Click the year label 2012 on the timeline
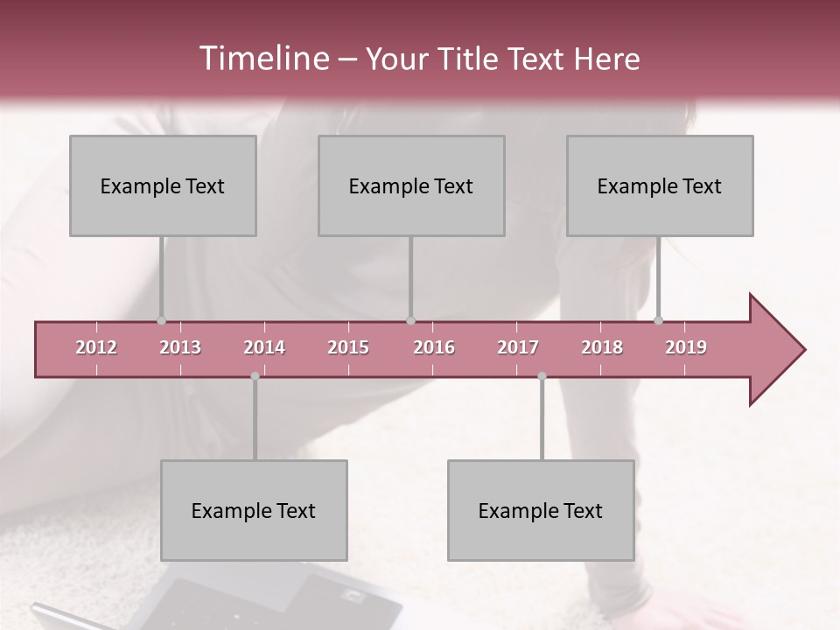[x=96, y=347]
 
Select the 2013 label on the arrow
[x=180, y=347]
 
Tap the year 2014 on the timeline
[x=264, y=347]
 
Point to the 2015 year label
[x=348, y=347]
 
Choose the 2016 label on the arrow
[x=434, y=347]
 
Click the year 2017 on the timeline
[x=518, y=347]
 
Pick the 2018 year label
[x=602, y=347]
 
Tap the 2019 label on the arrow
[x=686, y=347]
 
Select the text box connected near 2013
[x=163, y=185]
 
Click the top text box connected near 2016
[x=411, y=185]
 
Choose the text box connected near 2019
[x=660, y=185]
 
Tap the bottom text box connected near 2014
[x=254, y=510]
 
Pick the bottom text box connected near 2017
[x=541, y=510]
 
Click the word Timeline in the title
[x=262, y=59]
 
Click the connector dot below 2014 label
[x=255, y=376]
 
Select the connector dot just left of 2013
[x=161, y=320]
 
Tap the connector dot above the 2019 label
[x=659, y=320]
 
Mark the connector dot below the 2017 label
[x=542, y=376]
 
